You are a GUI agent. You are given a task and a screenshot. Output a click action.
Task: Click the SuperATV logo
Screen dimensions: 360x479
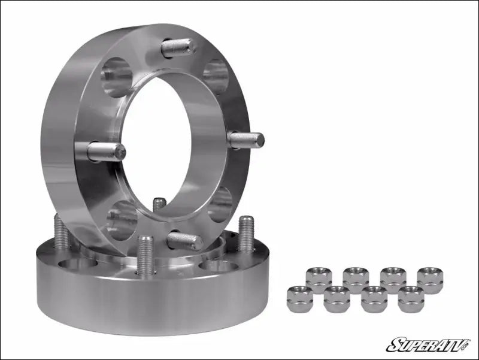tap(428, 344)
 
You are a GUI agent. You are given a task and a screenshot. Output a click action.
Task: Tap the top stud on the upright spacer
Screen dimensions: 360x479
tap(178, 47)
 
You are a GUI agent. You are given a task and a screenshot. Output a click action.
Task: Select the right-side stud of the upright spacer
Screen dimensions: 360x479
tap(246, 140)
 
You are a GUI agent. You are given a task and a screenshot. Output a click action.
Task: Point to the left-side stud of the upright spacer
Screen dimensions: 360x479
tap(106, 151)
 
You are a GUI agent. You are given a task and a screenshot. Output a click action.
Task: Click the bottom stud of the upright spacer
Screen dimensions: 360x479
tap(184, 241)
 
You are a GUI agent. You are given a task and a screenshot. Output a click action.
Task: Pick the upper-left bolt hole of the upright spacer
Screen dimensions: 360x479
tap(116, 77)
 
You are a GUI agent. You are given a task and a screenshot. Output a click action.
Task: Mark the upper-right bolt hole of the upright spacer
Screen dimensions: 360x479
tap(216, 75)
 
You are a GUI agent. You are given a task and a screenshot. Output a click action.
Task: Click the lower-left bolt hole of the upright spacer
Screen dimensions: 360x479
tap(122, 220)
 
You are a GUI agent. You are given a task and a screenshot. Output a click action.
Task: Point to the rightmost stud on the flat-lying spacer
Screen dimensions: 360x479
tap(246, 234)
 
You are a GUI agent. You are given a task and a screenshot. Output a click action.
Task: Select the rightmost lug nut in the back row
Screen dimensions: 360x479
tap(430, 279)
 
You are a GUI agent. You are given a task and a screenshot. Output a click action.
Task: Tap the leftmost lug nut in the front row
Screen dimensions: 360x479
tap(299, 298)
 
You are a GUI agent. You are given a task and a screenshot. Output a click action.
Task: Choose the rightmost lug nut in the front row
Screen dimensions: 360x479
tap(411, 298)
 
